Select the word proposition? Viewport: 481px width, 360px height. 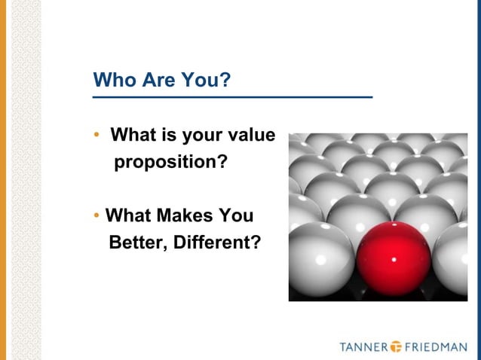tap(170, 162)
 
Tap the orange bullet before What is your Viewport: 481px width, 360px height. tap(96, 136)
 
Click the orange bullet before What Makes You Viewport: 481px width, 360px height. tap(96, 217)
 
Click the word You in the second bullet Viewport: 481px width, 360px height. tap(234, 216)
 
